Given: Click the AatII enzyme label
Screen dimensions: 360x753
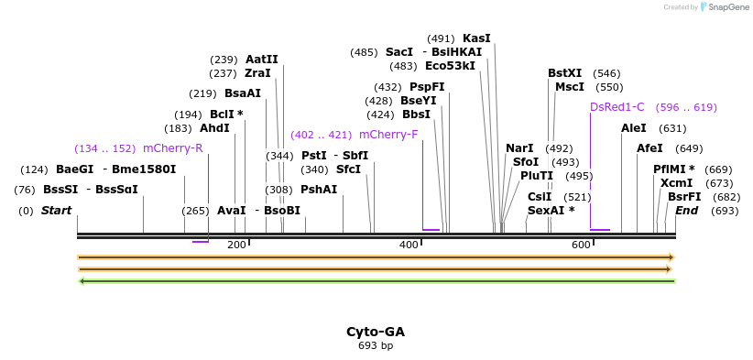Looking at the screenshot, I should (x=261, y=60).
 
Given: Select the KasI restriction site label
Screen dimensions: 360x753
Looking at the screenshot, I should (x=476, y=38).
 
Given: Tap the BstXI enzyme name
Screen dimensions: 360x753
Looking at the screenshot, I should (x=564, y=73).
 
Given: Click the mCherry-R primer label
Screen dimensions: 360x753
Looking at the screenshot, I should (x=172, y=148).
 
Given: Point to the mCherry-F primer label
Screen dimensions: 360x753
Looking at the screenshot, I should (x=388, y=135).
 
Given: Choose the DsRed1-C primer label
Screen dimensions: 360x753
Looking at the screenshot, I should (x=617, y=107).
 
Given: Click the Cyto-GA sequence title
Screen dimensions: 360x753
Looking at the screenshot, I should (x=376, y=332).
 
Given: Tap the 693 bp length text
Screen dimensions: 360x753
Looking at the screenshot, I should (x=376, y=345).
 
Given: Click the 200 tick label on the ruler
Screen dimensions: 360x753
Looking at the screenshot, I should (x=236, y=245).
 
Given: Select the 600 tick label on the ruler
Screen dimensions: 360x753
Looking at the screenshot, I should (x=581, y=245).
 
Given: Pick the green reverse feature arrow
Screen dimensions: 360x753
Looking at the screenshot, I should (x=376, y=280).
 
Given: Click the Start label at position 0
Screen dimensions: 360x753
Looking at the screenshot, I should (x=56, y=211).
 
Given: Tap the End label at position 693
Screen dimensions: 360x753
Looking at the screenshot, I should (x=687, y=211).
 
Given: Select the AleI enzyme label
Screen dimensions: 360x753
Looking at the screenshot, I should (x=634, y=128).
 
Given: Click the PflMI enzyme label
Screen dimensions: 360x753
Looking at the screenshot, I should (x=673, y=169).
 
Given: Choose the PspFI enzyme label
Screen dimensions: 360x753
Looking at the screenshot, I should (x=427, y=87).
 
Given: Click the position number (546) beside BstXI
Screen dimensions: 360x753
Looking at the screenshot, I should (x=606, y=73).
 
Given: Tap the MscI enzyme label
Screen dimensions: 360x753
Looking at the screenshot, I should (x=570, y=87).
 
